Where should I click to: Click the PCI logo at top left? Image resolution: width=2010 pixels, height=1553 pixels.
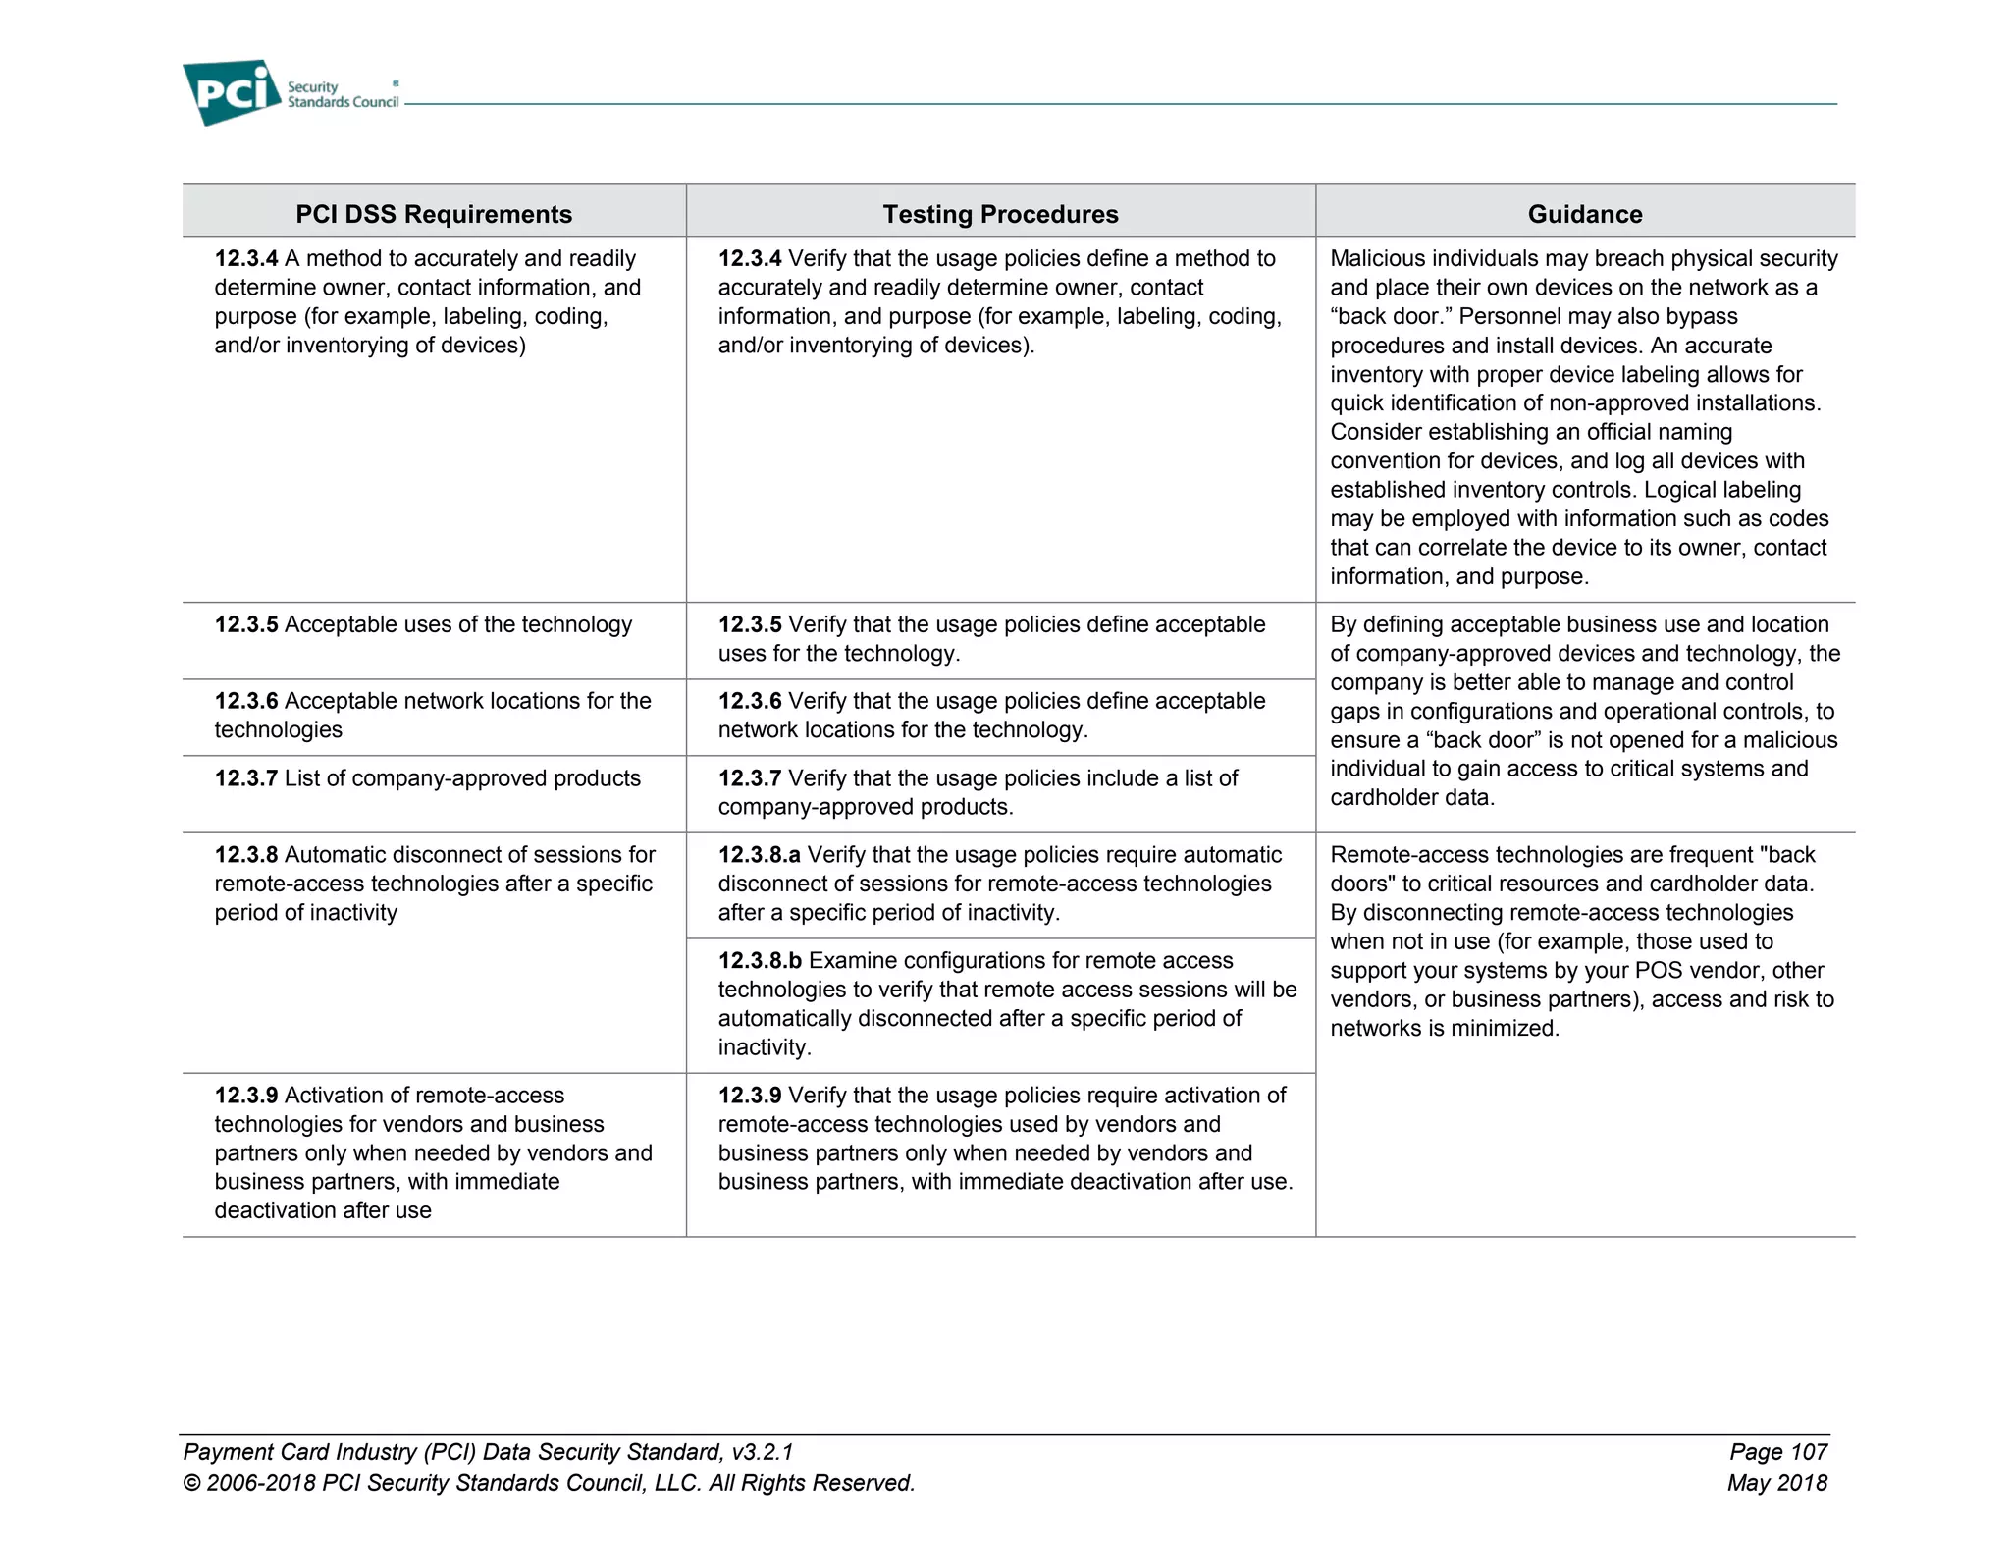tap(232, 92)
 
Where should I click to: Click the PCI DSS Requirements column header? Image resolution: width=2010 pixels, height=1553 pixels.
tap(434, 214)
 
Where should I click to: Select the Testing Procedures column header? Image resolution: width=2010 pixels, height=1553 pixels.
tap(1000, 214)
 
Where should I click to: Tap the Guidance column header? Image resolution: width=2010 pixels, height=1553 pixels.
tap(1584, 214)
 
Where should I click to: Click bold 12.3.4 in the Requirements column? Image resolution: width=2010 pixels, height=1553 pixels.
tap(246, 259)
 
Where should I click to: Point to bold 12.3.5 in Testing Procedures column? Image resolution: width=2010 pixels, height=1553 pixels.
tap(750, 625)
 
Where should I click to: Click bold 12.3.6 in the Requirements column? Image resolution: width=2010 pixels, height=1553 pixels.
tap(246, 702)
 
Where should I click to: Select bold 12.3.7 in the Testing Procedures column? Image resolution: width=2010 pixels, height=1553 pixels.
tap(750, 778)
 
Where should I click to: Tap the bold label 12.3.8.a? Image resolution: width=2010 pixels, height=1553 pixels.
tap(759, 855)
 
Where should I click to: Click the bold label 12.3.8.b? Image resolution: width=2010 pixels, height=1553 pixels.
tap(760, 961)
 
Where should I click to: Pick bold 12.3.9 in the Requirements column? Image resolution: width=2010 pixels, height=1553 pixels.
tap(246, 1096)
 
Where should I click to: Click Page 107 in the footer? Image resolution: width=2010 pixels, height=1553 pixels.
tap(1777, 1452)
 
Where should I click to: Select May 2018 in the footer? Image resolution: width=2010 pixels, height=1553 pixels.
tap(1776, 1483)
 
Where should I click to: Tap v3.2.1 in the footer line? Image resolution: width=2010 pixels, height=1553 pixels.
tap(762, 1452)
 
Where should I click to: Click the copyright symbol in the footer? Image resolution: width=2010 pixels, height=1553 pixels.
tap(192, 1483)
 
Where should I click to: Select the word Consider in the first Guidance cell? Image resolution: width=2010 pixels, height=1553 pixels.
tap(1376, 433)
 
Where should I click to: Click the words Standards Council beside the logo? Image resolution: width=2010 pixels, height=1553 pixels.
tap(343, 102)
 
